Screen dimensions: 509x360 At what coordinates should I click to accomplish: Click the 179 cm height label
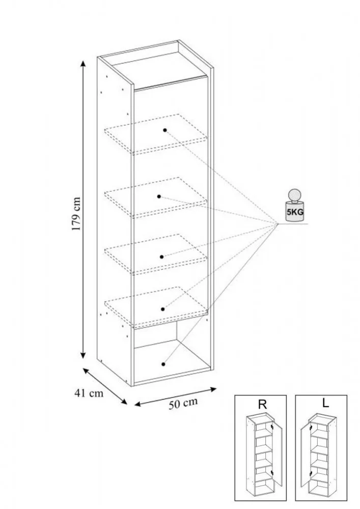76,214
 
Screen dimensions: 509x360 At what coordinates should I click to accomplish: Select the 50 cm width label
183,404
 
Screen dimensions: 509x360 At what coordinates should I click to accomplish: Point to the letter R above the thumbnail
263,405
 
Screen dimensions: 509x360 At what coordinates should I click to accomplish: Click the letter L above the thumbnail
325,403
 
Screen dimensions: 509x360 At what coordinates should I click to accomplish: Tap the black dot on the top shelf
165,130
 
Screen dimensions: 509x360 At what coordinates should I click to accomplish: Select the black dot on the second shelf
159,196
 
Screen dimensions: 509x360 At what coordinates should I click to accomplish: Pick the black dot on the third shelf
162,257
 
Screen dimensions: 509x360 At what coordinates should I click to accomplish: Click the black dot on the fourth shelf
163,308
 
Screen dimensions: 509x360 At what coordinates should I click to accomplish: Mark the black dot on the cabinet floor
163,364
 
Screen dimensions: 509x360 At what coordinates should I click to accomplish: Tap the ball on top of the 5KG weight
294,196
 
